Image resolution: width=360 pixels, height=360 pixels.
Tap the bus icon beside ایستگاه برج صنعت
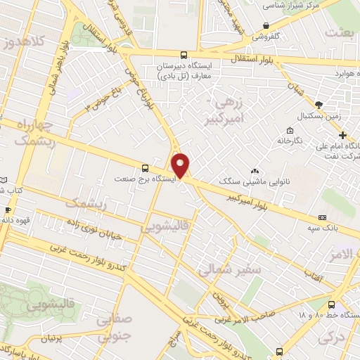(145, 168)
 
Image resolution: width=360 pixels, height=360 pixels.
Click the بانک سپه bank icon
(323, 217)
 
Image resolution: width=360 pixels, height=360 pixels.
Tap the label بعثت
(342, 33)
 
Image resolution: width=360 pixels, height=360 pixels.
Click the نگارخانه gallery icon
(290, 130)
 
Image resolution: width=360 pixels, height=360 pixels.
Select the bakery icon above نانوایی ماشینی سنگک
(255, 171)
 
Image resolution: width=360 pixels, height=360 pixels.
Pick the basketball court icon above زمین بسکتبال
(318, 103)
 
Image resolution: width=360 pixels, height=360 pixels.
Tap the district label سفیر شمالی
(229, 269)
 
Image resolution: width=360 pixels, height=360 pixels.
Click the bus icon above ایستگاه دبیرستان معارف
(184, 55)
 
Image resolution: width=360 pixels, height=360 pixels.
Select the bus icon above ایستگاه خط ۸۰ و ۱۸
(331, 304)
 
